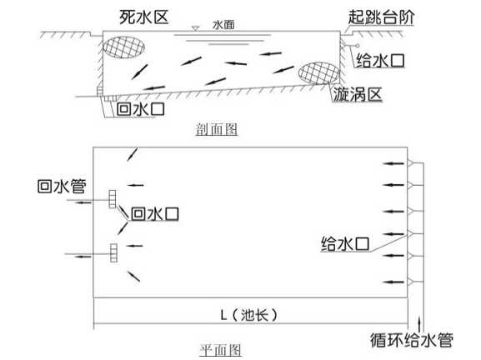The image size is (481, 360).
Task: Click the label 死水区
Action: coord(144,17)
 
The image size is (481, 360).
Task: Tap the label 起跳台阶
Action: coord(381,17)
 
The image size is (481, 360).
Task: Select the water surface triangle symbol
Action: coord(195,28)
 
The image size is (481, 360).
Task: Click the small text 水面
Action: coord(223,25)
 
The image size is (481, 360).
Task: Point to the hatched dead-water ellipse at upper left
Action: coord(123,47)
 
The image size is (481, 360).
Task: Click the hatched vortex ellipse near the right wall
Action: coord(319,73)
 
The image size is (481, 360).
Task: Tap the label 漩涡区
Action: coord(358,94)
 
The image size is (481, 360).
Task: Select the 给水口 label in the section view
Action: coord(380,60)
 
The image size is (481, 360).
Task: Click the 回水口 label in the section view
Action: coord(141,109)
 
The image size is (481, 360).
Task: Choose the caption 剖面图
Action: coord(217,129)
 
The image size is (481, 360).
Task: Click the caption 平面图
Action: coord(220,350)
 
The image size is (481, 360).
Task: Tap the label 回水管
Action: coord(62,186)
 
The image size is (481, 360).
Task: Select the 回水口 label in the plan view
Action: coord(155,213)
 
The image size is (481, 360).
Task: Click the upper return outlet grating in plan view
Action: coord(113,199)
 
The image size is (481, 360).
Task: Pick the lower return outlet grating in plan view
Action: coord(114,253)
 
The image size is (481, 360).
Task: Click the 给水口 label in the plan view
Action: coord(345,244)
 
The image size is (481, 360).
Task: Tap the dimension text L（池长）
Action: coord(248,315)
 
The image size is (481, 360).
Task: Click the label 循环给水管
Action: coord(411,340)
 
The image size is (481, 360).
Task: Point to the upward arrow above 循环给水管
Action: coord(419,324)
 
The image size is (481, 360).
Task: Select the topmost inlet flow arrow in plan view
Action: coord(393,163)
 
